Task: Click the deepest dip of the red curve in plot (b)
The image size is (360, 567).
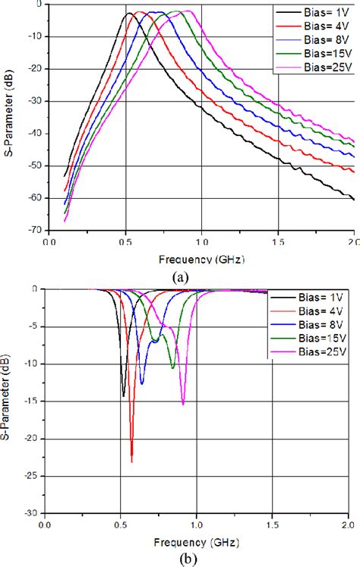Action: pyautogui.click(x=131, y=461)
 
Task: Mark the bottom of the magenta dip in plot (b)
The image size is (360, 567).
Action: pyautogui.click(x=183, y=404)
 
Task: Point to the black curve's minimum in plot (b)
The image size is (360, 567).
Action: pyautogui.click(x=123, y=395)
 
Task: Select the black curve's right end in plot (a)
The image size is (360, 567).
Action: pyautogui.click(x=355, y=200)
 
